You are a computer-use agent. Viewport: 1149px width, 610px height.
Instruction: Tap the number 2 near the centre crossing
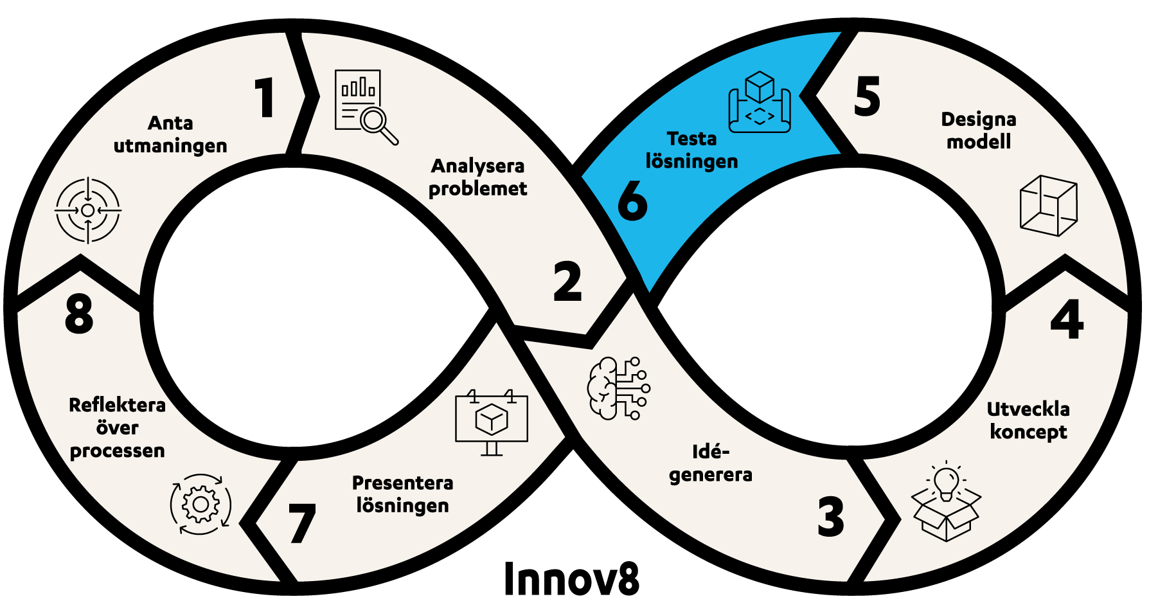567,282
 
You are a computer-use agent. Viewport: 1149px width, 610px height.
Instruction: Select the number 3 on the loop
830,516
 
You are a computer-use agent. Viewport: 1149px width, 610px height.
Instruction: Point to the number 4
1067,319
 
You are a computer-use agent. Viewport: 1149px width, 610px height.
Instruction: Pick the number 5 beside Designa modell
867,96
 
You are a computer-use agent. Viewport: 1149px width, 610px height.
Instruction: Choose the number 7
302,523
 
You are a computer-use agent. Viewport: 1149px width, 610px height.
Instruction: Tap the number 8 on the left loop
79,314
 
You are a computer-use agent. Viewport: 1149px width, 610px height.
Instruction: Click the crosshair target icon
88,210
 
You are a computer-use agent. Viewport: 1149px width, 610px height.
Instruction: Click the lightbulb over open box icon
946,501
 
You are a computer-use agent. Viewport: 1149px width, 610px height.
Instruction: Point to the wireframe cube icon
1048,205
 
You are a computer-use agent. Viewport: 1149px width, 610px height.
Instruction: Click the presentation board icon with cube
492,422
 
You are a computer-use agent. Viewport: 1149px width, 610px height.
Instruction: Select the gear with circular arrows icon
200,505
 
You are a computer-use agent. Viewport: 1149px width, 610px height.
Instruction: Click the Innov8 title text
571,579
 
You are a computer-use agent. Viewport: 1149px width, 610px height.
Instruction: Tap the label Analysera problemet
477,177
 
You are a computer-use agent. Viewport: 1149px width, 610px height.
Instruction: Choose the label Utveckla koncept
1028,420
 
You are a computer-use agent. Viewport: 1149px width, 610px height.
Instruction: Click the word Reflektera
117,405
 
